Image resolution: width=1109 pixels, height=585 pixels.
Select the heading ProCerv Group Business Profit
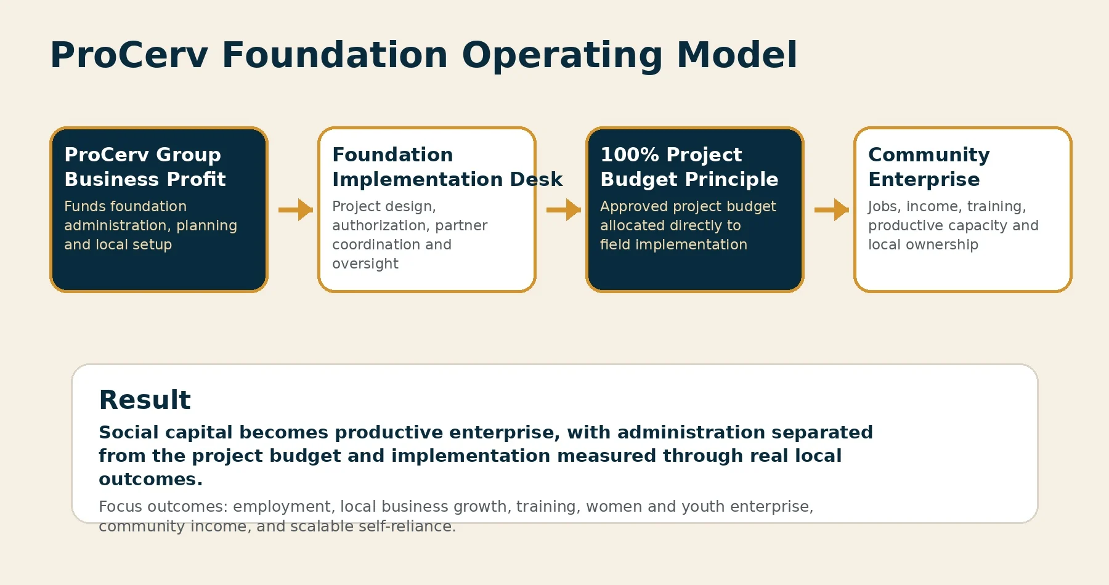pos(145,167)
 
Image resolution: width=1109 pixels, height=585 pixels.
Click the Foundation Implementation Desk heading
pos(447,167)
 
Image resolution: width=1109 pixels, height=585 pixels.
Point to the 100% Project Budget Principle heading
pos(689,167)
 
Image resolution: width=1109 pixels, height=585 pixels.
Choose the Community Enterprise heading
pos(929,167)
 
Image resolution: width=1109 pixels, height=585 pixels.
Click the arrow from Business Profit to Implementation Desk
pos(296,209)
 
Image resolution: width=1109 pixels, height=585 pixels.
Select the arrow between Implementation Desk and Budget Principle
pos(564,209)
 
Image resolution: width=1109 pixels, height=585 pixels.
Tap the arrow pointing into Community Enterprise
pos(832,209)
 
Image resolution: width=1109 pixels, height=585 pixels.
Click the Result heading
pos(145,400)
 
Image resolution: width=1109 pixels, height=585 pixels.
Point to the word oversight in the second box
pos(365,264)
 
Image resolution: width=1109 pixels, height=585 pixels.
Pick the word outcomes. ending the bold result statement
pos(150,479)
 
